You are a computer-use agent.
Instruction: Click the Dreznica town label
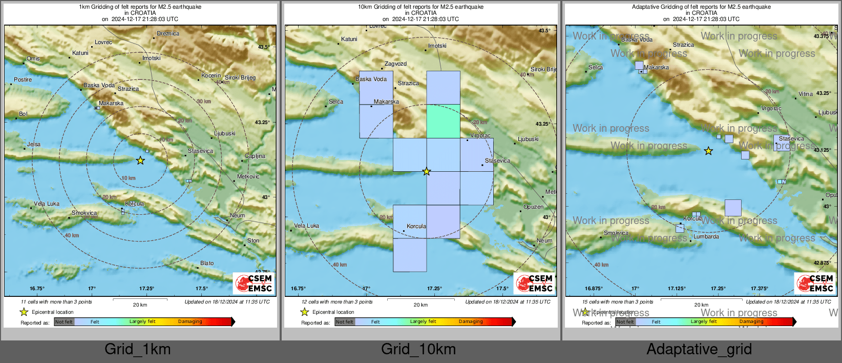coord(168,34)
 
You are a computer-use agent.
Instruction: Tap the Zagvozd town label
coord(395,64)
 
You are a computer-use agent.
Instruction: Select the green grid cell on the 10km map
coord(443,121)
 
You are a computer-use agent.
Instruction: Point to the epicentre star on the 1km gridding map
coord(140,160)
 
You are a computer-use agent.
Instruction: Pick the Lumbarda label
coord(706,237)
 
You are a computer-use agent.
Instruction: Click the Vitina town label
coord(806,94)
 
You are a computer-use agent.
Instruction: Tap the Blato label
coord(207,264)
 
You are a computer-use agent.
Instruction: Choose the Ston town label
coord(254,240)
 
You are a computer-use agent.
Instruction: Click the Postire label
coord(23,80)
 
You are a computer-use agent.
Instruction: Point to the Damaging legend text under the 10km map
coord(471,321)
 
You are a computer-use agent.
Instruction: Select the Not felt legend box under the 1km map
coord(64,321)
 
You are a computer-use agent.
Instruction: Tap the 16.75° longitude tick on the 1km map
coord(37,289)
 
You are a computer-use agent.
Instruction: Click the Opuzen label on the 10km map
coord(533,207)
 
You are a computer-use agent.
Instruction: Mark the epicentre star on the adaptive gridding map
coord(708,151)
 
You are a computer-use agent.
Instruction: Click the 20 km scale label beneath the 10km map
coord(420,305)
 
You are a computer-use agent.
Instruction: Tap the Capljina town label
coord(255,156)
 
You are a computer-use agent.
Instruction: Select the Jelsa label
coord(34,145)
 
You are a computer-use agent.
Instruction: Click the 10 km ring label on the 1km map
coord(129,178)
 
